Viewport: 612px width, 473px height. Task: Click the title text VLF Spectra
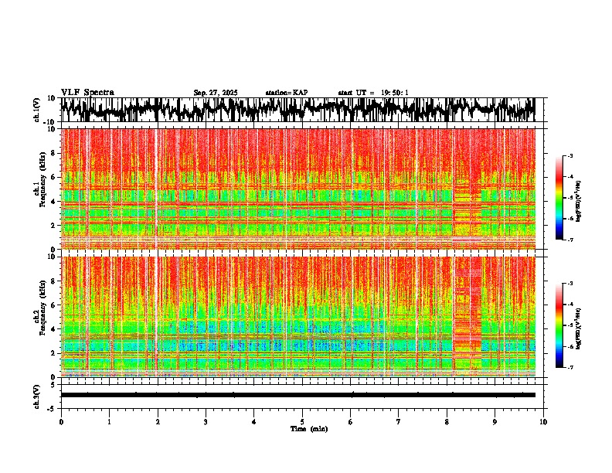click(x=87, y=92)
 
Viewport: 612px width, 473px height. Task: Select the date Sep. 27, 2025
click(x=216, y=93)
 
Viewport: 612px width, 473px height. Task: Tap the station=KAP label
click(x=286, y=93)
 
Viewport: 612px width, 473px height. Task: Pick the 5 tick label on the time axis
click(x=302, y=421)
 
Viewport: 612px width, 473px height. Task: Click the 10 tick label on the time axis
click(x=543, y=421)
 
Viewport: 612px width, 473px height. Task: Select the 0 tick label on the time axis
click(x=61, y=421)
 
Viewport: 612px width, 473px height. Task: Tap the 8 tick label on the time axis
click(x=447, y=421)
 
